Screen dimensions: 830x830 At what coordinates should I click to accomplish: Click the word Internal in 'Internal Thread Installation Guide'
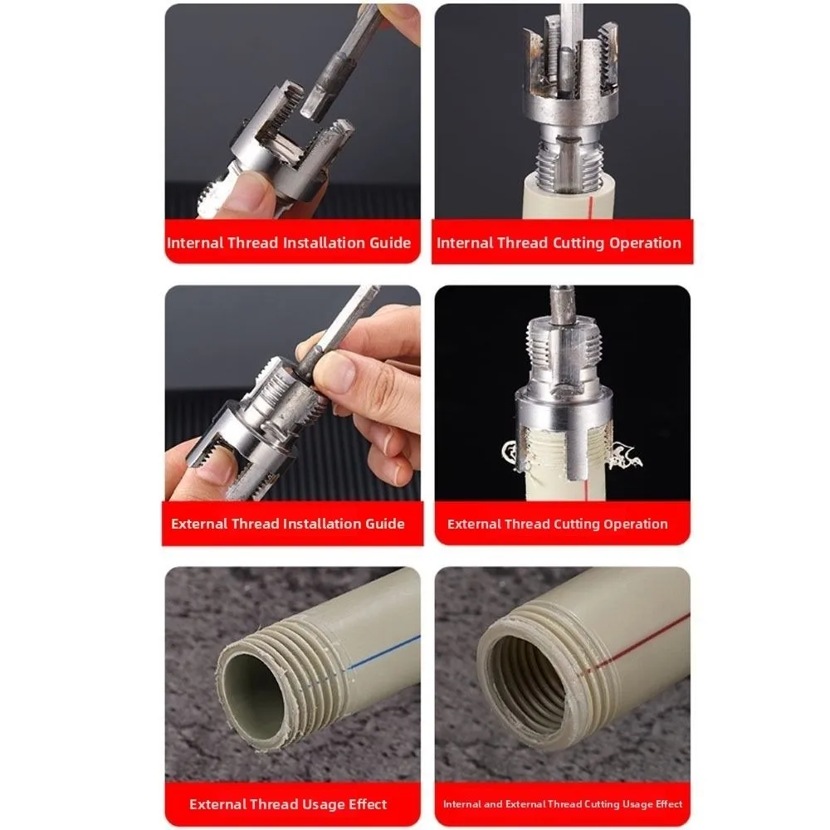[x=194, y=243]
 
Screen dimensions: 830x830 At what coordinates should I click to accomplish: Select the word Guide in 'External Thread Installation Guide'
[x=384, y=524]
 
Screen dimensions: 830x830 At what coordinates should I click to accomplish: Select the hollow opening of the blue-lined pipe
[x=253, y=690]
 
